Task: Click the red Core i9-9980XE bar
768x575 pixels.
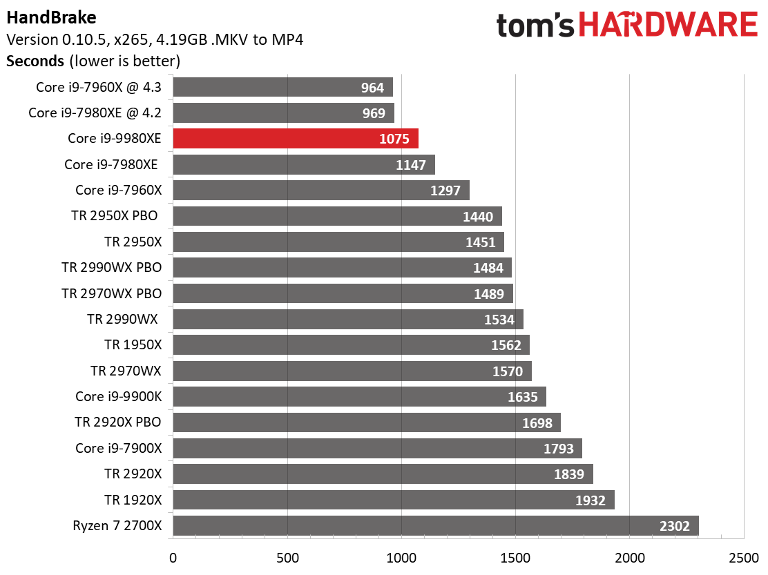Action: pos(296,139)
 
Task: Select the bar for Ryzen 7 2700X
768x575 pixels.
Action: pos(435,526)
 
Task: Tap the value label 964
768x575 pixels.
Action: pos(372,88)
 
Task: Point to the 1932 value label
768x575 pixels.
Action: pos(590,500)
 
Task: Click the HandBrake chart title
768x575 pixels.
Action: pos(52,17)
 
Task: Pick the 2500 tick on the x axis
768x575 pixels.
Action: pos(742,557)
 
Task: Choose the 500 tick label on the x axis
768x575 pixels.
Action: pos(287,557)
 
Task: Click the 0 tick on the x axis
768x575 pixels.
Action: pos(173,557)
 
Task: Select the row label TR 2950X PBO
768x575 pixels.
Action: pos(114,216)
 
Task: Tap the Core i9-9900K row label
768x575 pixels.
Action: pos(118,397)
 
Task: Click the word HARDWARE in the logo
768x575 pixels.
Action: pos(668,26)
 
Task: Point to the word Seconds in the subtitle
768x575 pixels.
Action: pos(35,61)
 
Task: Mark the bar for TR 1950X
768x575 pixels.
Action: pos(351,345)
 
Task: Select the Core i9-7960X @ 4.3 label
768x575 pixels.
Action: pos(99,88)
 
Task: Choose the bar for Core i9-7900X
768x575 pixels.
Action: pos(377,449)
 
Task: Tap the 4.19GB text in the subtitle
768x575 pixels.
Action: pos(210,39)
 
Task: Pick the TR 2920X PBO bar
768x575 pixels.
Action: pos(366,422)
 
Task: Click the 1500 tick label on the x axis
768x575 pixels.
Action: pos(515,557)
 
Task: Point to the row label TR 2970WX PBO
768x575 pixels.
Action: pos(111,293)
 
